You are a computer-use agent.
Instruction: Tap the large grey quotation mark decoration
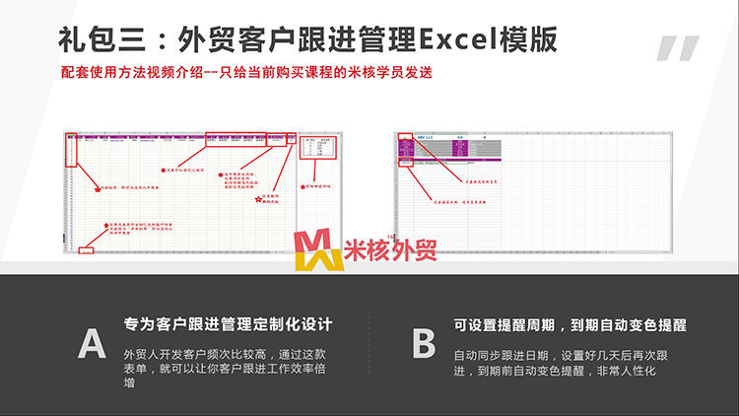click(x=677, y=49)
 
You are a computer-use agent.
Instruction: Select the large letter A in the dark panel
click(x=92, y=343)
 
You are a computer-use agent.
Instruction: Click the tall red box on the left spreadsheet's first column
click(x=70, y=149)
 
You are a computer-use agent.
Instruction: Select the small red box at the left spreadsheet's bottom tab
click(x=86, y=251)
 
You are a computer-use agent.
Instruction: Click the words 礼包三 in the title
click(x=95, y=38)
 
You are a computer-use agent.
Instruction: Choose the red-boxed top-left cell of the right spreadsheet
click(x=405, y=137)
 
